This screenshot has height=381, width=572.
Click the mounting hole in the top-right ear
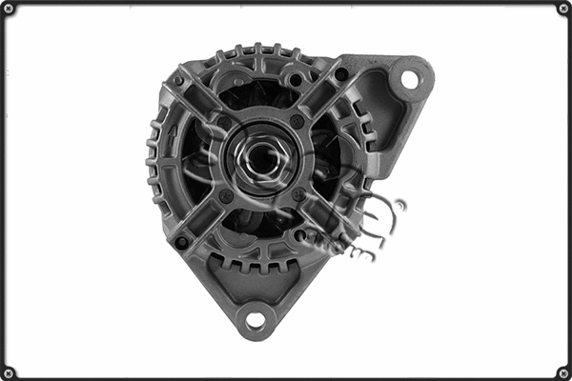(x=410, y=79)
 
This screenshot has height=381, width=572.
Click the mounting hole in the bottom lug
(x=255, y=320)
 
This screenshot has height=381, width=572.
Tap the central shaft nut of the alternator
(x=258, y=158)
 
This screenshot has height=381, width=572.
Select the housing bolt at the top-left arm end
(x=177, y=81)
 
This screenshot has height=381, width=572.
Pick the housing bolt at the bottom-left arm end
(x=181, y=242)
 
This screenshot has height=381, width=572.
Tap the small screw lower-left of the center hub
(x=226, y=195)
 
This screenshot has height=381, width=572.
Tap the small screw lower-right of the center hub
(x=298, y=194)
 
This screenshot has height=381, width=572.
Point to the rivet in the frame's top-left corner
(x=9, y=9)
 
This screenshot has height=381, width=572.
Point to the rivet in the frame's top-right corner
(x=563, y=9)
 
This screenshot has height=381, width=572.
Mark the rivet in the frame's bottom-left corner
(x=9, y=372)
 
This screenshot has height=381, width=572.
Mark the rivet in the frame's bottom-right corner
(x=563, y=372)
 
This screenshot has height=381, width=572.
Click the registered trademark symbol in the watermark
(x=399, y=204)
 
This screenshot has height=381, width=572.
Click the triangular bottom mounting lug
(x=255, y=295)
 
